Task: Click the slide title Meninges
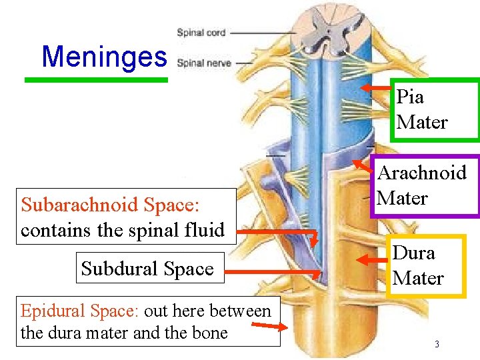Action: pyautogui.click(x=104, y=57)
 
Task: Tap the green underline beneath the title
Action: pyautogui.click(x=96, y=80)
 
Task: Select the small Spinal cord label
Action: pyautogui.click(x=201, y=33)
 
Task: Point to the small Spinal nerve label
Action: pyautogui.click(x=203, y=63)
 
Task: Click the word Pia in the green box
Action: pyautogui.click(x=410, y=97)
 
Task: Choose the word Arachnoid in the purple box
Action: pyautogui.click(x=422, y=173)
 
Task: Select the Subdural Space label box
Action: pyautogui.click(x=147, y=269)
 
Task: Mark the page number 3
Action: pyautogui.click(x=436, y=345)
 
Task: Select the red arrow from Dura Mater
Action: pyautogui.click(x=373, y=259)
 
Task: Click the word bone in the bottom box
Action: pyautogui.click(x=210, y=333)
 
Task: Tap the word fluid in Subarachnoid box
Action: pyautogui.click(x=204, y=230)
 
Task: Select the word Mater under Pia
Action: pyautogui.click(x=422, y=123)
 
